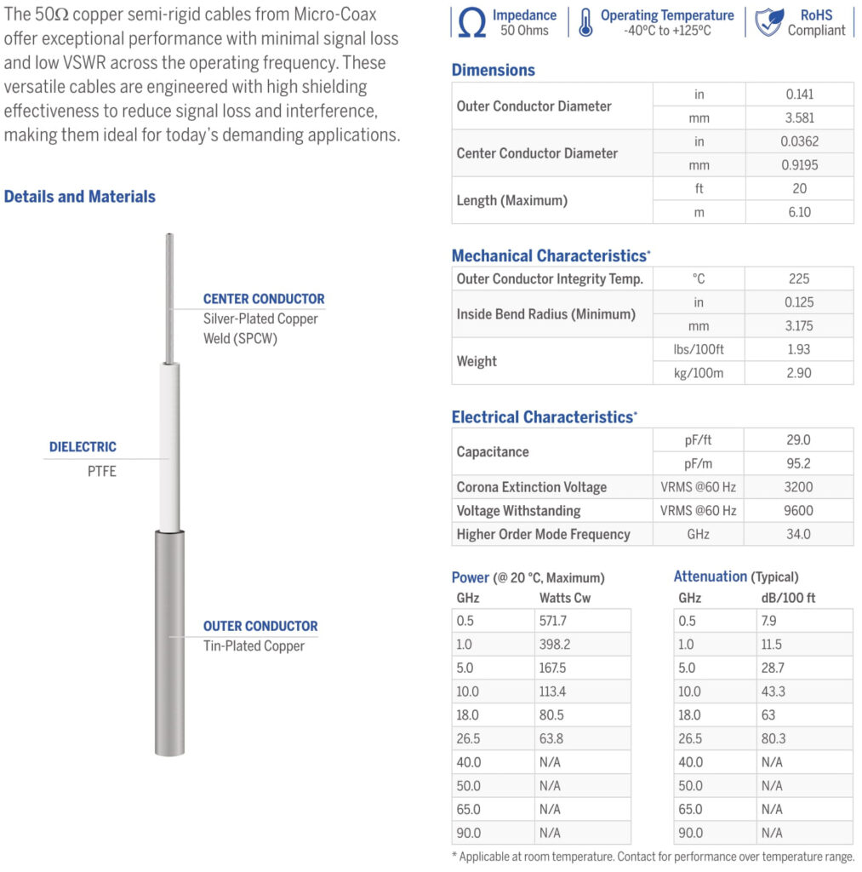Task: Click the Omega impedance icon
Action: point(471,23)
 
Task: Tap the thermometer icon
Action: point(585,23)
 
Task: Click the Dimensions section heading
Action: point(494,71)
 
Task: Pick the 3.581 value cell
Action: point(799,118)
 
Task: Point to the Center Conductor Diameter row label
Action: point(537,153)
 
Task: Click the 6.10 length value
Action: point(799,212)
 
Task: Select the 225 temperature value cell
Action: point(799,278)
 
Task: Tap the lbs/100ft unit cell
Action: point(699,349)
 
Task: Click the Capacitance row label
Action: point(493,451)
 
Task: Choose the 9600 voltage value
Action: point(798,511)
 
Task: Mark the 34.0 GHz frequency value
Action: point(798,535)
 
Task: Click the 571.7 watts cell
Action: point(553,621)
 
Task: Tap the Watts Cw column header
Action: point(565,598)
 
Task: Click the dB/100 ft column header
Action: point(788,598)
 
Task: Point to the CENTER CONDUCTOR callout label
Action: point(264,299)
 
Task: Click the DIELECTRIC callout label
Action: point(83,446)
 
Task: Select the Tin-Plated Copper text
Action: point(254,645)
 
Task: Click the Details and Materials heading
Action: point(80,197)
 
